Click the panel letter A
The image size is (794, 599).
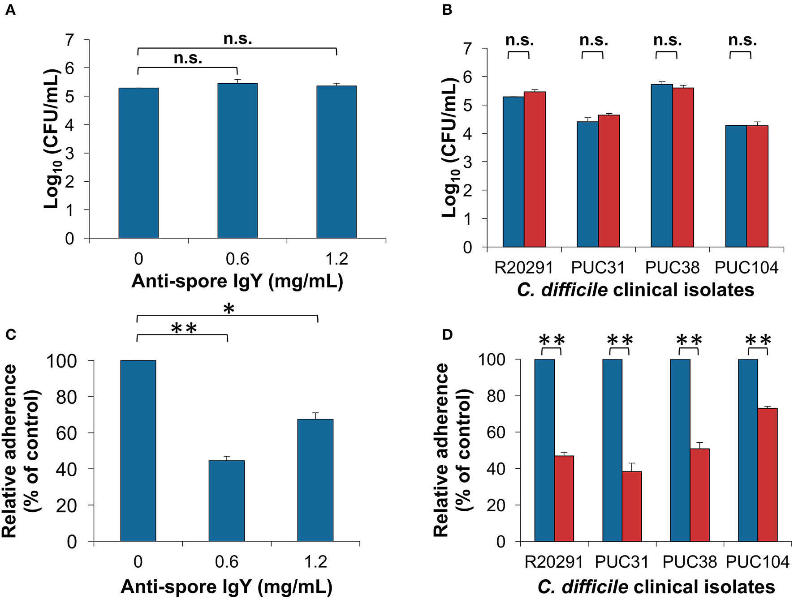[x=10, y=10]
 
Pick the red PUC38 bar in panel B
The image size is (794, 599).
[x=683, y=167]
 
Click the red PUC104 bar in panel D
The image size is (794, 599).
[x=767, y=475]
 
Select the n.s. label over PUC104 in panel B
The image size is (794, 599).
[x=742, y=40]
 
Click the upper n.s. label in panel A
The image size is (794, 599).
[x=237, y=39]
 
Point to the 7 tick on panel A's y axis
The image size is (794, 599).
[x=69, y=40]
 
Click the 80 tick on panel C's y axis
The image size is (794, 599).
[x=66, y=397]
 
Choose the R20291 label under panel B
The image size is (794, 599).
[x=523, y=268]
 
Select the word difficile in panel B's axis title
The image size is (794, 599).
[x=574, y=290]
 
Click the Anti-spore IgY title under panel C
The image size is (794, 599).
[x=227, y=586]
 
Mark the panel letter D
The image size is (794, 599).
[x=447, y=335]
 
